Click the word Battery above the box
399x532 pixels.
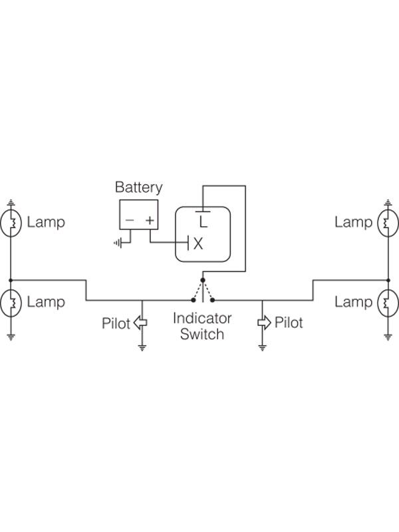(x=138, y=188)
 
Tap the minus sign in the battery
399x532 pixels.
(x=130, y=220)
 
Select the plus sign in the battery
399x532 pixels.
(x=150, y=220)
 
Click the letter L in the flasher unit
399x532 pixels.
(x=203, y=222)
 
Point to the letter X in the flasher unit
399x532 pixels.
(x=198, y=243)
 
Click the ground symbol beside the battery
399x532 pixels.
(x=118, y=243)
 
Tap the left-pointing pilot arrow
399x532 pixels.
(x=140, y=323)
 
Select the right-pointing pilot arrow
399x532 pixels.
(x=264, y=323)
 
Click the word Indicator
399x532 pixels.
(x=202, y=319)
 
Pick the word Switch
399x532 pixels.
(x=202, y=334)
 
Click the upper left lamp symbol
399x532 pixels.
(x=11, y=223)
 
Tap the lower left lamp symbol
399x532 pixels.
(x=11, y=303)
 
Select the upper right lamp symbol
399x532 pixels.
(x=388, y=223)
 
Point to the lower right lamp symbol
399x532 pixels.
(x=388, y=303)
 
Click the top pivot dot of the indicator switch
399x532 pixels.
(x=203, y=280)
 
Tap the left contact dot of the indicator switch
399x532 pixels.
(x=193, y=300)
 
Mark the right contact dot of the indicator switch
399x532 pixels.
(x=213, y=300)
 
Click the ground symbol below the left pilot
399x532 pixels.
(x=142, y=347)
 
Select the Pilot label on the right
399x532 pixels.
(x=289, y=323)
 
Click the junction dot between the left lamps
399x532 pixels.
(x=11, y=280)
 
